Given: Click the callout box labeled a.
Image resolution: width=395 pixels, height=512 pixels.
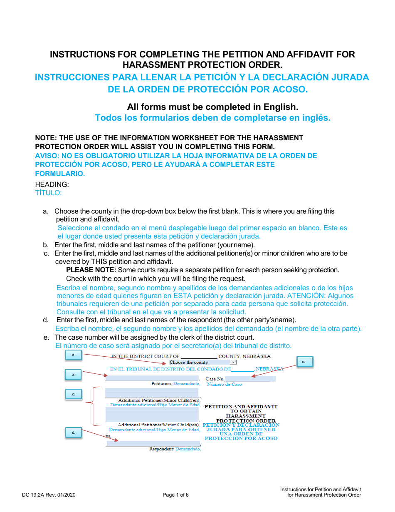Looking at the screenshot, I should [x=74, y=355].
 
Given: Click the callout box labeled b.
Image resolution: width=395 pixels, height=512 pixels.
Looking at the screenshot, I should [x=73, y=375].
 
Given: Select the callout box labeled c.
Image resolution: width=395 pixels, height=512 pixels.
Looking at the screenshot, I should [x=74, y=394].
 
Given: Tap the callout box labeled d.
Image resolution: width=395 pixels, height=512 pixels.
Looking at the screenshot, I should [x=74, y=432].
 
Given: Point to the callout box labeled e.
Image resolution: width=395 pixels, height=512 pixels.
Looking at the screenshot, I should [x=304, y=362].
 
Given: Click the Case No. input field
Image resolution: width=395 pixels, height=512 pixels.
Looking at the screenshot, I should [x=249, y=379].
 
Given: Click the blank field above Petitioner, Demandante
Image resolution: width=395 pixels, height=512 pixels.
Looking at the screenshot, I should [x=152, y=378].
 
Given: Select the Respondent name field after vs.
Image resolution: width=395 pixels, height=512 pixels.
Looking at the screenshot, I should [x=153, y=443].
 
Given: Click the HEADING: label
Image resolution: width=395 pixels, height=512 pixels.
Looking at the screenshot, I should [x=52, y=184].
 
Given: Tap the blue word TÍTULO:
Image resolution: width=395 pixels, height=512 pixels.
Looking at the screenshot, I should [x=48, y=193].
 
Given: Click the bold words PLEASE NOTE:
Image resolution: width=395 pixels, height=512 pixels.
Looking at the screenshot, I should [x=91, y=270].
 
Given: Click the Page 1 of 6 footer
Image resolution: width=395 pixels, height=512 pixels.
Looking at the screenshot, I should [x=175, y=495].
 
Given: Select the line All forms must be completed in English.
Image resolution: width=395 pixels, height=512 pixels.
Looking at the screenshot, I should [x=212, y=107].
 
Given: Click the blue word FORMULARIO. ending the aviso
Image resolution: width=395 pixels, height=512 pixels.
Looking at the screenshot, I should [x=60, y=174].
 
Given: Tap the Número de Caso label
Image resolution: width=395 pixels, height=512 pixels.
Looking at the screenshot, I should [x=224, y=384].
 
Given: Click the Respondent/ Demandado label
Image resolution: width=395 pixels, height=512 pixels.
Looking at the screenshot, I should [x=175, y=449].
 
